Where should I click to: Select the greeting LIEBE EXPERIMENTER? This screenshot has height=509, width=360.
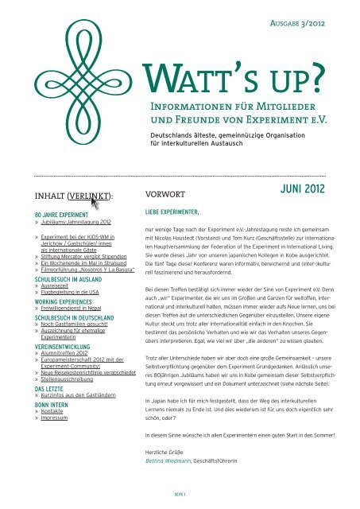coord(172,213)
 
